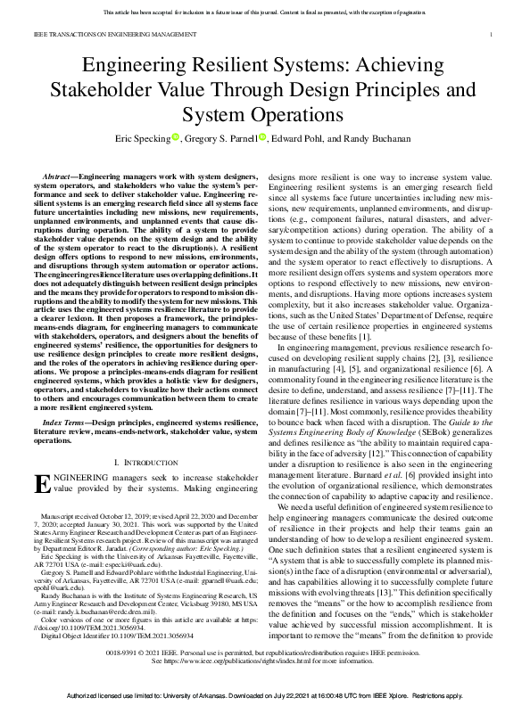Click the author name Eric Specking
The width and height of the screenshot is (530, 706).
click(141, 138)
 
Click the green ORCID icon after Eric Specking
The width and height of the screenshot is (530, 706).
click(176, 137)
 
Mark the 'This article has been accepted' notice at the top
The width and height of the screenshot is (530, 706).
click(264, 12)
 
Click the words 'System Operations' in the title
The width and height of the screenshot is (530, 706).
click(264, 115)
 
